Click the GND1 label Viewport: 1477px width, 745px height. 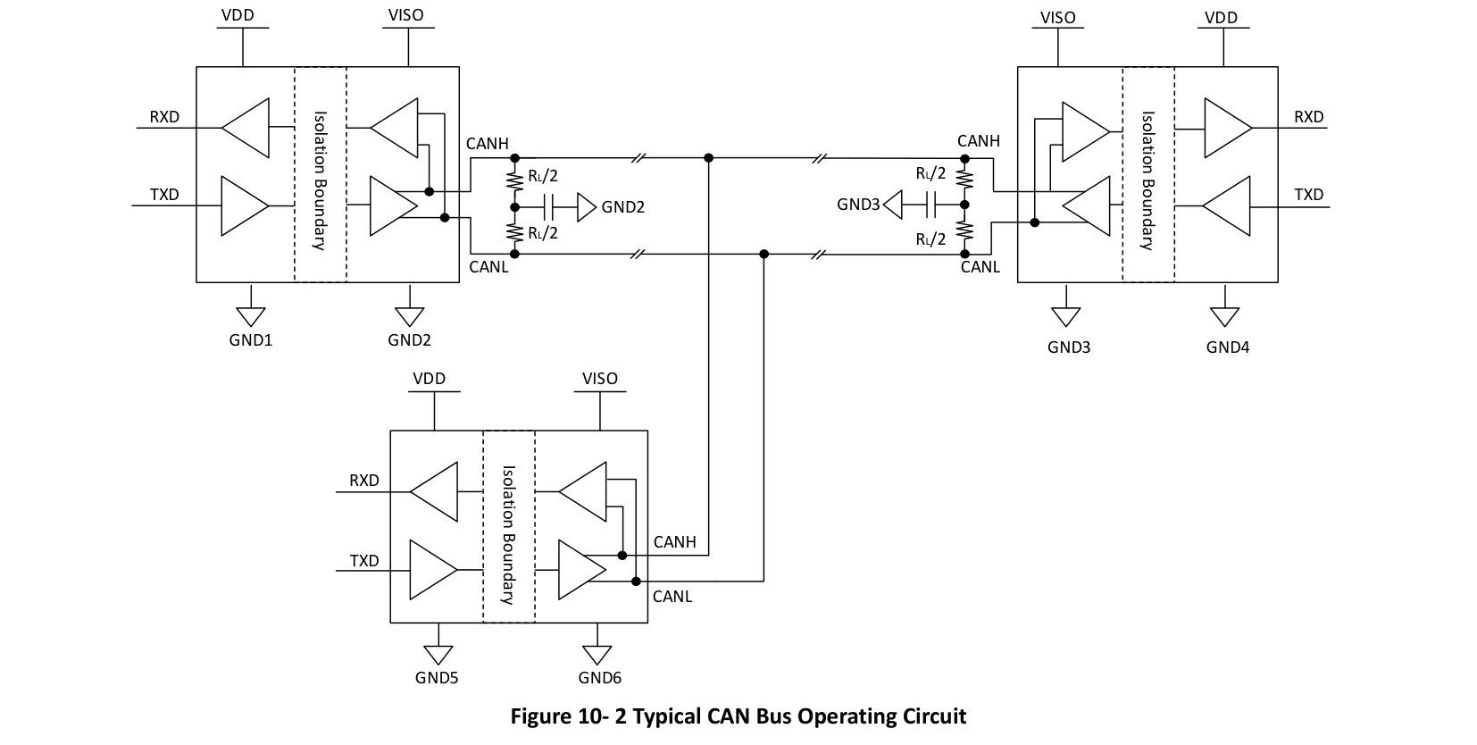[251, 340]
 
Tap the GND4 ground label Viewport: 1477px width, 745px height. [1228, 347]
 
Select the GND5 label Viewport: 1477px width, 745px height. [437, 678]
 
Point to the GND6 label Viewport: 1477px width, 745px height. [599, 678]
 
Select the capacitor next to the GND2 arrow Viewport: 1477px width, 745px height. [549, 207]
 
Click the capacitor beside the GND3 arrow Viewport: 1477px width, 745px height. [931, 205]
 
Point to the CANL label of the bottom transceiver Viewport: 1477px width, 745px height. [672, 597]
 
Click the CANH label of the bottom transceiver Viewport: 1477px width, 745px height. [674, 542]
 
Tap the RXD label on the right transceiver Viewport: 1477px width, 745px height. [1309, 117]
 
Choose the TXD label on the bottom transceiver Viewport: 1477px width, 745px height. [364, 561]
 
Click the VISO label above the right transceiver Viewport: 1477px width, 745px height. [1057, 18]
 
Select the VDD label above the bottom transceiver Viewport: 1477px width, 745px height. [430, 379]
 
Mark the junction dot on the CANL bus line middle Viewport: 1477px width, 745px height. [764, 254]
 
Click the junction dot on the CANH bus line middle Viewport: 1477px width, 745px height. [709, 158]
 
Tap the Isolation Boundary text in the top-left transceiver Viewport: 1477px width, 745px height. [320, 180]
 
